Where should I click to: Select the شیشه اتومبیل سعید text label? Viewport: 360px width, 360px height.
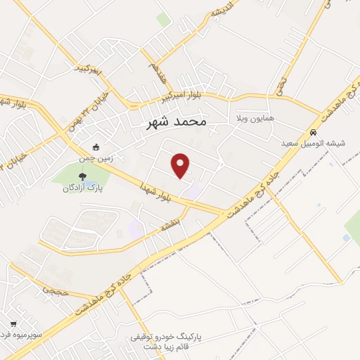[x=313, y=143]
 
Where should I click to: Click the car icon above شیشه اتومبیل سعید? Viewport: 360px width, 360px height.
[x=313, y=132]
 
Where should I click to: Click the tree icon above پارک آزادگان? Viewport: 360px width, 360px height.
[x=83, y=176]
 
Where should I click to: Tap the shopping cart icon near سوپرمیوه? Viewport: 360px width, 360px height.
[x=13, y=324]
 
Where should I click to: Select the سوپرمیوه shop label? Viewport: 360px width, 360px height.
[x=27, y=335]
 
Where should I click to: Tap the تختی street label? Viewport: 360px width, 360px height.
[x=281, y=86]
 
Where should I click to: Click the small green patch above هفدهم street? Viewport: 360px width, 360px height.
[x=163, y=20]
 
